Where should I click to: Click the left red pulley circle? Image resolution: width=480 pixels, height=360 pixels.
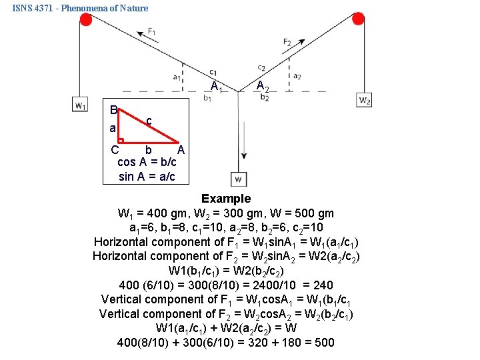pyautogui.click(x=85, y=19)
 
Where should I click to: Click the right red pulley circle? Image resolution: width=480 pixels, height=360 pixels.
pyautogui.click(x=358, y=18)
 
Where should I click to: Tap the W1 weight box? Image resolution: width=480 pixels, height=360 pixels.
pyautogui.click(x=80, y=105)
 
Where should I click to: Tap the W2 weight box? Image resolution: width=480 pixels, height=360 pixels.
pyautogui.click(x=365, y=100)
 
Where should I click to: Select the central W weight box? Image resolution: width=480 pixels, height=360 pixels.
pyautogui.click(x=239, y=179)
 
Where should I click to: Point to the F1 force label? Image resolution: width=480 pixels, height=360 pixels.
pyautogui.click(x=153, y=31)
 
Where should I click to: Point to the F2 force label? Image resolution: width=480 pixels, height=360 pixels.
pyautogui.click(x=287, y=42)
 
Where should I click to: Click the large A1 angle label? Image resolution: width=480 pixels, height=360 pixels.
pyautogui.click(x=216, y=86)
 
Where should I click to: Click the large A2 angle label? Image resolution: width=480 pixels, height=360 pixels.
pyautogui.click(x=263, y=85)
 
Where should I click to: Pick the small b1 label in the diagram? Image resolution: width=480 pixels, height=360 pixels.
pyautogui.click(x=207, y=99)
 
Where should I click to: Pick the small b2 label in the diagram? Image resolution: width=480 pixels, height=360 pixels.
pyautogui.click(x=264, y=98)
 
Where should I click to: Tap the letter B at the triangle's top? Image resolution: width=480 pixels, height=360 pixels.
pyautogui.click(x=114, y=109)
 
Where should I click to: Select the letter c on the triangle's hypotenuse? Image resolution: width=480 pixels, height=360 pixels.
pyautogui.click(x=149, y=121)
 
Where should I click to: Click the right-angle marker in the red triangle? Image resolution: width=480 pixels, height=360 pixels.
pyautogui.click(x=122, y=141)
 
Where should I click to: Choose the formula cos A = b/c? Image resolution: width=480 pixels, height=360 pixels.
pyautogui.click(x=147, y=163)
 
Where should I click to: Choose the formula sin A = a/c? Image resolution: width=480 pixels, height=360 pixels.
pyautogui.click(x=147, y=177)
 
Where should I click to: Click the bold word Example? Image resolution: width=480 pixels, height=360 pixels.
pyautogui.click(x=226, y=199)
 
